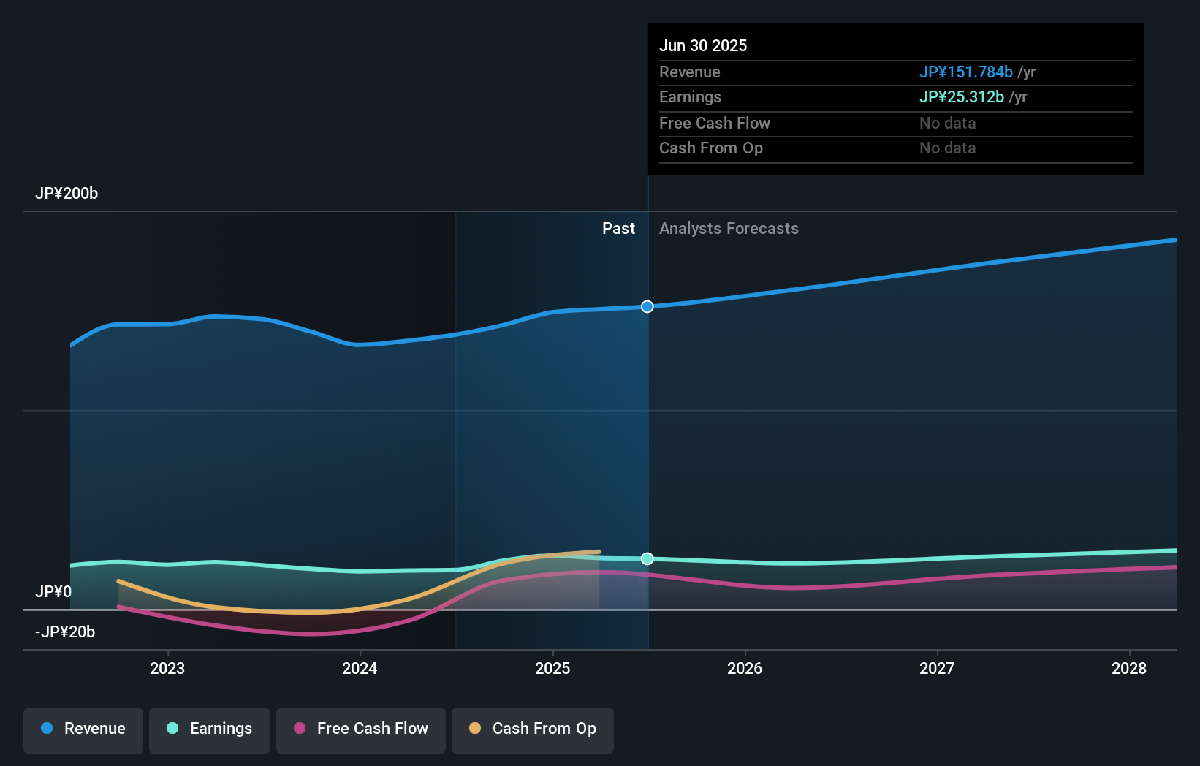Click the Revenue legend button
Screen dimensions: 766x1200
click(x=83, y=729)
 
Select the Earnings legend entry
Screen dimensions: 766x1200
click(x=210, y=729)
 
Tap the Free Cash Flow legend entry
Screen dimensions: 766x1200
click(x=361, y=729)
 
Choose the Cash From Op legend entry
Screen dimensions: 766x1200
click(x=533, y=729)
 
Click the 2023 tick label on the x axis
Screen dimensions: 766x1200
click(x=167, y=668)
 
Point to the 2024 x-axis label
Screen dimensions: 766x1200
click(x=360, y=668)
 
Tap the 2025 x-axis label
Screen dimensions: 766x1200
click(x=552, y=668)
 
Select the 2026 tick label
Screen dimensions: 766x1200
click(x=745, y=668)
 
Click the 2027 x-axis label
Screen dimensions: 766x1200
click(x=937, y=668)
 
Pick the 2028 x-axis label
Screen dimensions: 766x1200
click(x=1129, y=668)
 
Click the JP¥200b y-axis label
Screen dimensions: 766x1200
click(x=67, y=194)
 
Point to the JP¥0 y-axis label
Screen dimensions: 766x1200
click(x=53, y=591)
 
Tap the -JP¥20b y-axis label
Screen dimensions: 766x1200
click(x=65, y=632)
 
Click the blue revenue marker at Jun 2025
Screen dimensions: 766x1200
click(x=648, y=306)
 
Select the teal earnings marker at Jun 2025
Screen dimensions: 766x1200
click(x=648, y=558)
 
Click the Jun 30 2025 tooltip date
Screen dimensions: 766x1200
click(x=703, y=45)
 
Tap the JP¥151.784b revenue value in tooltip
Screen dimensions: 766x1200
click(x=965, y=72)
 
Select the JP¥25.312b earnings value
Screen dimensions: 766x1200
click(x=961, y=96)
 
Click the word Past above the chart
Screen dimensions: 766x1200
click(x=618, y=228)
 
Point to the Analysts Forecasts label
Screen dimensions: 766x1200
click(x=729, y=228)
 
